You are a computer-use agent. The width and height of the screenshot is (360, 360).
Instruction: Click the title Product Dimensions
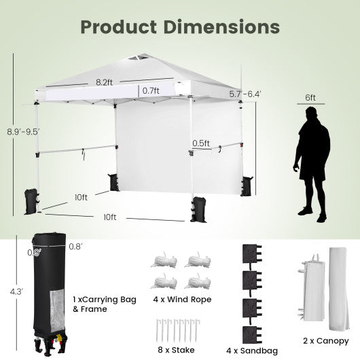coord(180,27)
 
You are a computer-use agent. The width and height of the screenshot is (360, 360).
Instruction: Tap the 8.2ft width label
coord(103,83)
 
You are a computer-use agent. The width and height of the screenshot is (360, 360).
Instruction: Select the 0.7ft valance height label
coord(151,90)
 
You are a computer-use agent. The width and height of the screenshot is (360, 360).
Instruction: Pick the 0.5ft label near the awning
coord(200,144)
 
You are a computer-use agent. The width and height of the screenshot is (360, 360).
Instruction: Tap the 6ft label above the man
coord(310,98)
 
